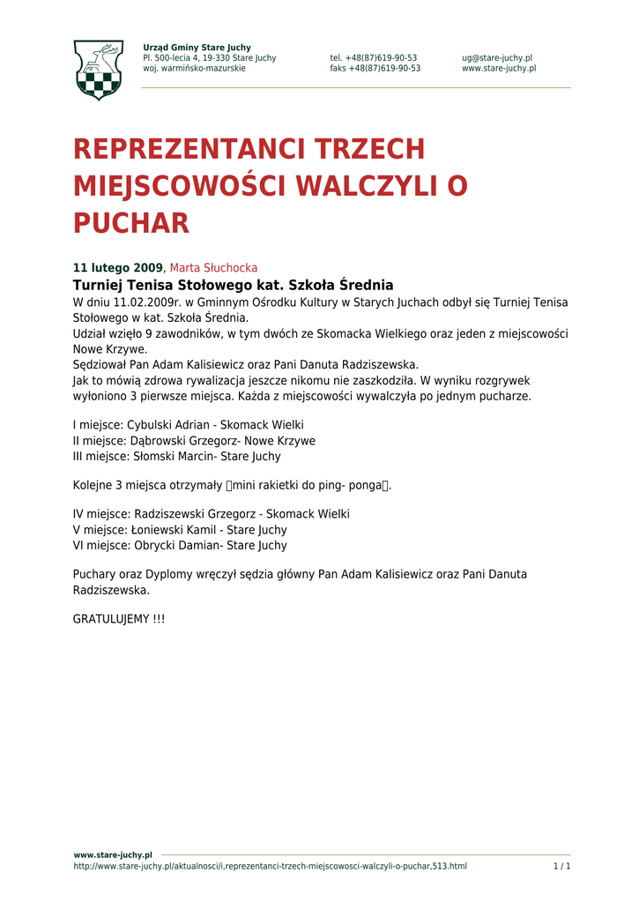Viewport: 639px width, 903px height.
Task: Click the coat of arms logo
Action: (x=98, y=69)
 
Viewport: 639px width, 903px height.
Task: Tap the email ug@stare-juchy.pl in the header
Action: (x=496, y=58)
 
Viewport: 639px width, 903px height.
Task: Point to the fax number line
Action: (x=375, y=69)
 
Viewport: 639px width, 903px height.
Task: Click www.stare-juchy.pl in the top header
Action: (x=498, y=69)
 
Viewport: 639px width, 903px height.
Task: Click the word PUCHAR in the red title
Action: (x=130, y=224)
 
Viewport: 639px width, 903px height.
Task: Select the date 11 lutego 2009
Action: (x=117, y=268)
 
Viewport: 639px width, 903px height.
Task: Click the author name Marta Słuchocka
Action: (x=213, y=268)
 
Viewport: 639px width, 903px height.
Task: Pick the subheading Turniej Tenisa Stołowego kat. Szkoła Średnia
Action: (x=233, y=285)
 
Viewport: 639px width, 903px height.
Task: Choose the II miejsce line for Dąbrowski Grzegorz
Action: (x=194, y=441)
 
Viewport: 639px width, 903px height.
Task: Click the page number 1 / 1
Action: (x=561, y=867)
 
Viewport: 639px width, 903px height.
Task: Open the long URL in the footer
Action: (x=270, y=867)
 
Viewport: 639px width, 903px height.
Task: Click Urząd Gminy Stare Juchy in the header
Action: (x=197, y=48)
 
